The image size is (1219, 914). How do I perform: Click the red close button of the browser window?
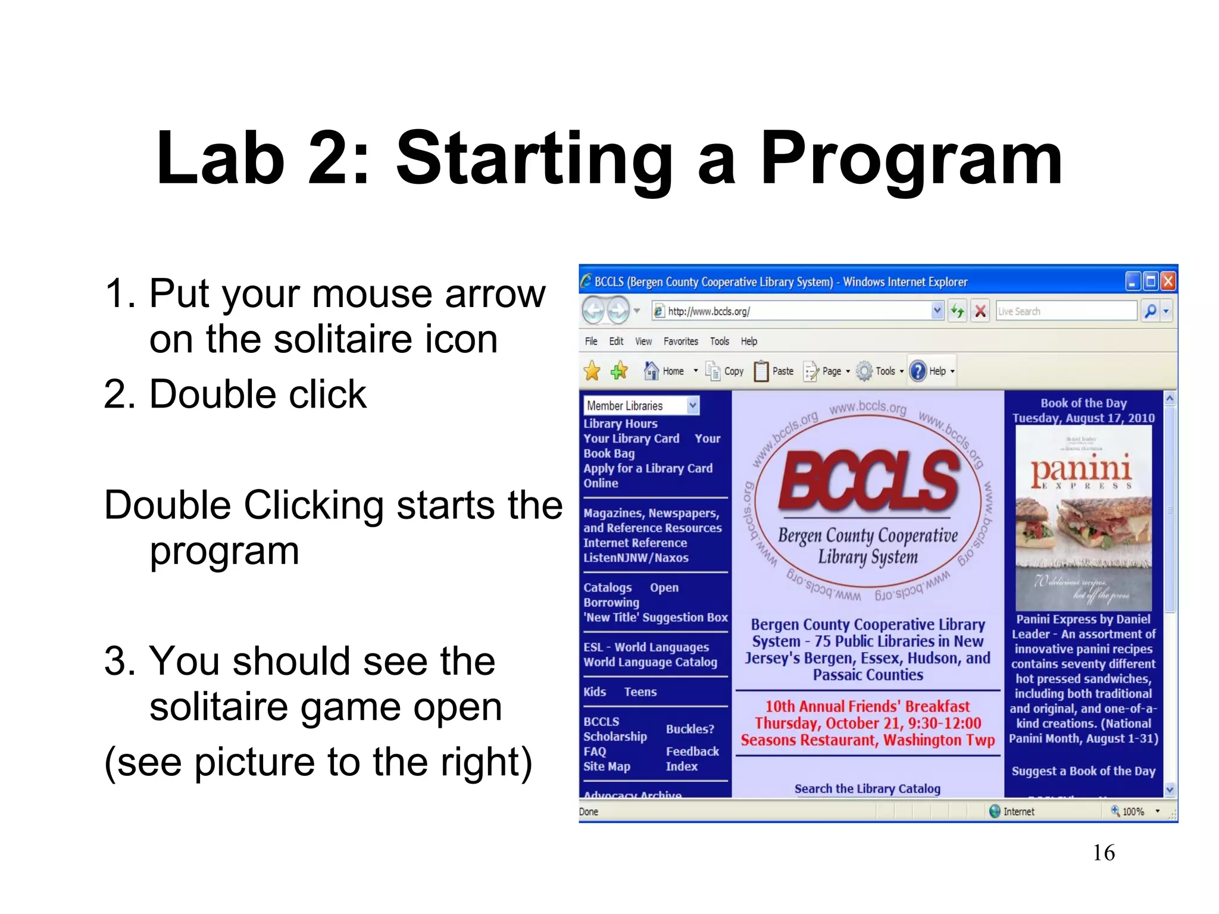point(1168,281)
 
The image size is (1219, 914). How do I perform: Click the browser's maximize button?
point(1151,281)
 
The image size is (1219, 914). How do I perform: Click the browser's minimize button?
point(1133,281)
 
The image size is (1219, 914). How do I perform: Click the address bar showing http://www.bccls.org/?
point(792,311)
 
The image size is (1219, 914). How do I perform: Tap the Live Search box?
point(1065,311)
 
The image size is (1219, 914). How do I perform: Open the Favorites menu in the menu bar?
point(680,342)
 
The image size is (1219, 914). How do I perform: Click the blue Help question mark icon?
point(918,371)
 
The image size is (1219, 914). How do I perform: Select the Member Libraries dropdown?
point(640,406)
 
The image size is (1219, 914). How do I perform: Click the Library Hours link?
point(620,424)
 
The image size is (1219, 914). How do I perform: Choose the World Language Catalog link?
point(650,662)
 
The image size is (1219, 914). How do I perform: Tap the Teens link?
point(640,692)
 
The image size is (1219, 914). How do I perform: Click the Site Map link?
point(607,766)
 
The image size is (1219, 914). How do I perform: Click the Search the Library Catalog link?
point(867,789)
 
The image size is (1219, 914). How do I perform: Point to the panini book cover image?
point(1083,518)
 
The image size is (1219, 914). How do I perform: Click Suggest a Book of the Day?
point(1083,771)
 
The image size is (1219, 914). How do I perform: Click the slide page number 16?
point(1104,853)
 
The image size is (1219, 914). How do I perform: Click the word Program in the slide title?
point(911,159)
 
